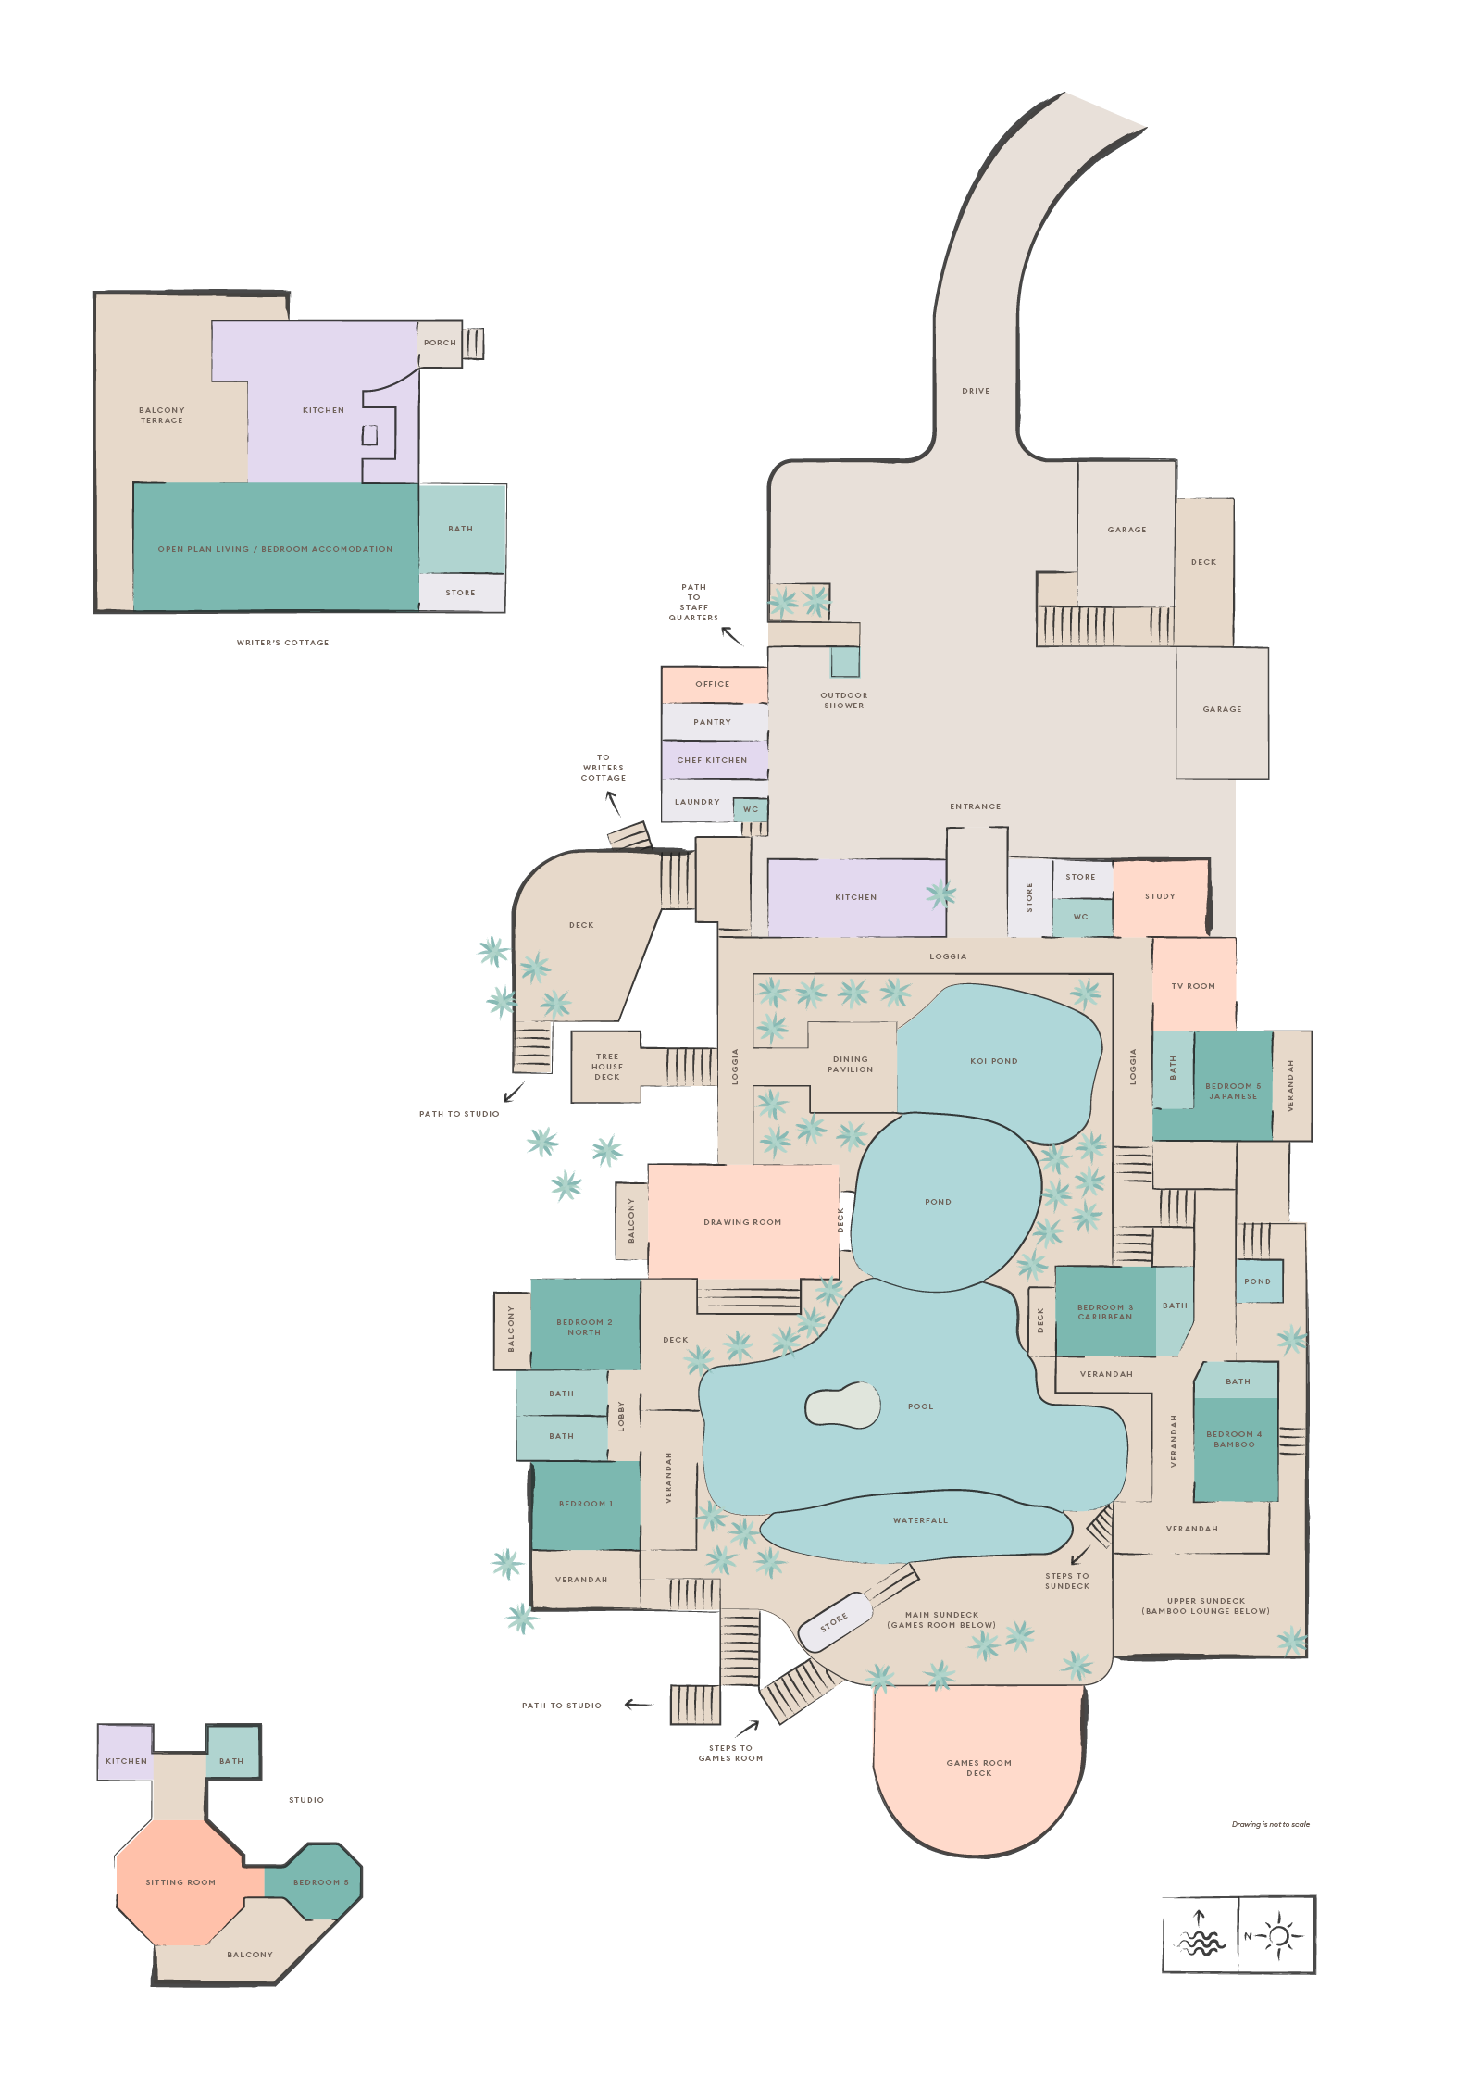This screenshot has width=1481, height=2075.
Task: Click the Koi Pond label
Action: tap(993, 1061)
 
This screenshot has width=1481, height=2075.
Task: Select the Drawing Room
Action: tap(742, 1221)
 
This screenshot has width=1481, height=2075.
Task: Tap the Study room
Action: tap(1160, 896)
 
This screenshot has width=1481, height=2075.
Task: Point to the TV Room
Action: tap(1193, 985)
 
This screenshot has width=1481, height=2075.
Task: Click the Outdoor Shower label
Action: tap(843, 701)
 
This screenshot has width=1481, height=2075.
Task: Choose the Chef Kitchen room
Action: tap(712, 760)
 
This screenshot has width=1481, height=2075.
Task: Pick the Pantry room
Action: tap(712, 722)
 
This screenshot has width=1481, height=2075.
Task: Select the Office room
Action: tap(713, 684)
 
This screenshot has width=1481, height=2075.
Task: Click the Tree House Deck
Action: tap(607, 1067)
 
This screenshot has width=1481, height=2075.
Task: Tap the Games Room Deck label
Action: tap(978, 1768)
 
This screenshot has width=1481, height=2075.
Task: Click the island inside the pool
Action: tap(841, 1406)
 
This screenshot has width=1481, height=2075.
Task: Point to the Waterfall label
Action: tap(920, 1520)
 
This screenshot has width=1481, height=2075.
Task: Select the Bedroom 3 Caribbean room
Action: tap(1104, 1312)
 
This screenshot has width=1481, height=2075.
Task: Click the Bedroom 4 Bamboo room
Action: tap(1234, 1439)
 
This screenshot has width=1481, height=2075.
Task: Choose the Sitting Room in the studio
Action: tap(180, 1881)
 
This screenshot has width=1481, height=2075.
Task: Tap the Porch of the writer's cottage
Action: tap(440, 343)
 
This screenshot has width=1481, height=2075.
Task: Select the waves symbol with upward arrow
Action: tap(1200, 1934)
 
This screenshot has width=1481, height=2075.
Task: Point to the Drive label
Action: tap(976, 391)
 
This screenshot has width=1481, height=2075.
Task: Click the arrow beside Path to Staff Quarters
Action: tap(732, 636)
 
